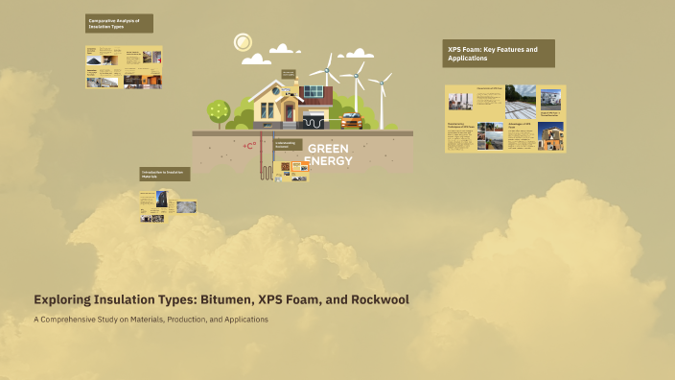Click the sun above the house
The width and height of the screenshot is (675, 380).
pos(243,41)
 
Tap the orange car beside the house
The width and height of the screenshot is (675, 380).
pos(352,121)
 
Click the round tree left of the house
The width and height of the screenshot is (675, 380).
pos(219,110)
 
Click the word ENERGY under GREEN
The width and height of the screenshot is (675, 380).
pos(328,160)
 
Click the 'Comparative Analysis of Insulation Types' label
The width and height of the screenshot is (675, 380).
pos(118,23)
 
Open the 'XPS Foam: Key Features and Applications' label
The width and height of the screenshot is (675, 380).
pos(500,53)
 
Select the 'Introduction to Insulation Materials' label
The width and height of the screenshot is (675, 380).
pos(164,174)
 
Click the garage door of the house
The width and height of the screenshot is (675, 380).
pos(314,122)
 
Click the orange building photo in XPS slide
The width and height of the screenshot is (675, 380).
pos(550,136)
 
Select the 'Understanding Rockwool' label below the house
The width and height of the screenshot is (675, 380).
pos(286,145)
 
